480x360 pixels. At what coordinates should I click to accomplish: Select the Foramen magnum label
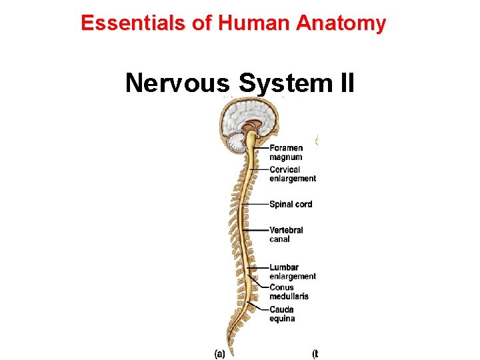pyautogui.click(x=286, y=153)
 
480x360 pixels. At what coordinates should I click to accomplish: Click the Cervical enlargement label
pyautogui.click(x=292, y=174)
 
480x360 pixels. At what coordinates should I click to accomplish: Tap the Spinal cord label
pyautogui.click(x=291, y=204)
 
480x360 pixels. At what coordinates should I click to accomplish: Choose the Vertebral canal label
pyautogui.click(x=286, y=234)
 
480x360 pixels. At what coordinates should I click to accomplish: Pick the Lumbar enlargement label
pyautogui.click(x=292, y=272)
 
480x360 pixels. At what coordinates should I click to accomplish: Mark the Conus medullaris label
pyautogui.click(x=289, y=292)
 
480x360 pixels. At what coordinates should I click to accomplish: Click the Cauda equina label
pyautogui.click(x=282, y=314)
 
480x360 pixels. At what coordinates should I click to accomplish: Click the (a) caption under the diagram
pyautogui.click(x=219, y=353)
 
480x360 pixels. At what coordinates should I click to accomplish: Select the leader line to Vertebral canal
pyautogui.click(x=257, y=230)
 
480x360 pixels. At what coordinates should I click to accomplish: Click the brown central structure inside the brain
pyautogui.click(x=251, y=127)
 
